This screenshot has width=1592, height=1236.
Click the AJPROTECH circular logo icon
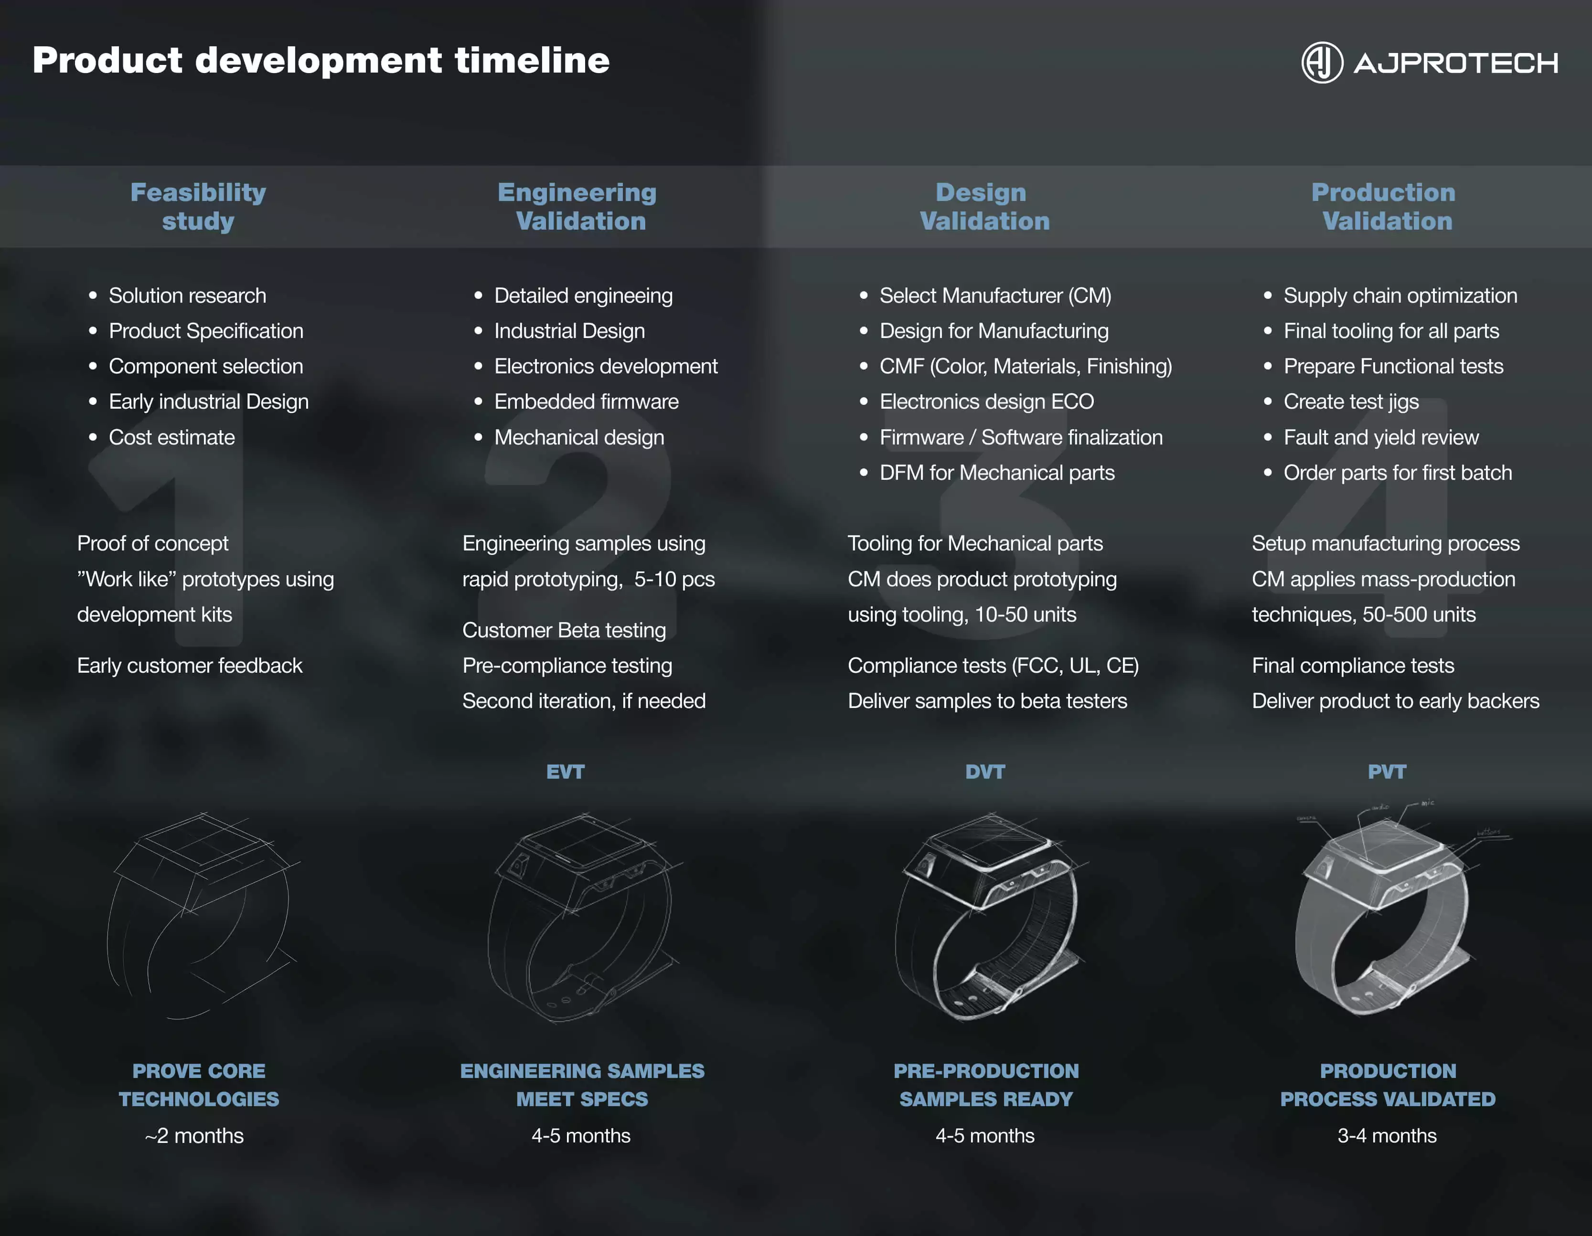[1322, 63]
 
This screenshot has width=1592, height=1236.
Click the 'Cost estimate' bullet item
[171, 437]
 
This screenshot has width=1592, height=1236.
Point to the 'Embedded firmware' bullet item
[586, 401]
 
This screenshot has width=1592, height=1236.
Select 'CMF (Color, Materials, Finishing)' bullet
[1026, 366]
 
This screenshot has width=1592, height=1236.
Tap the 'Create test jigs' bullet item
[1351, 401]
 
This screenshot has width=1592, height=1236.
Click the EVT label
[566, 772]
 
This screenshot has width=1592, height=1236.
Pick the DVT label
[985, 772]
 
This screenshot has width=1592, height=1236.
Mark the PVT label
[1387, 772]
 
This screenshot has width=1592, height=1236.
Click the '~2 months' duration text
[194, 1135]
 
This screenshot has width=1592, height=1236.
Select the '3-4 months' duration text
[1387, 1135]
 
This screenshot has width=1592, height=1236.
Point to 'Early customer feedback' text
[190, 666]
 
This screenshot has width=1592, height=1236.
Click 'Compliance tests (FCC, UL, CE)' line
[993, 666]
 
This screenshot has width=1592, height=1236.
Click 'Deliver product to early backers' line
[1395, 701]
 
